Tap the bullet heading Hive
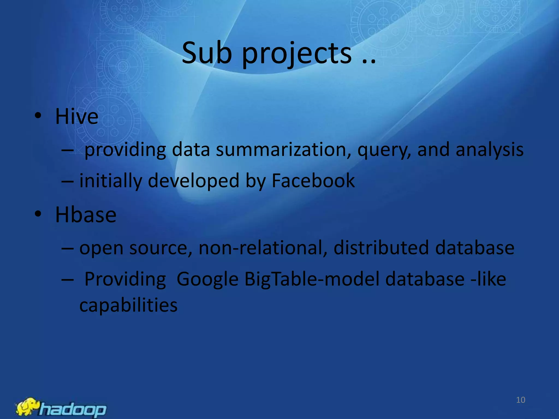coord(77,116)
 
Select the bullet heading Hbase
coord(86,215)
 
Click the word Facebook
coord(313,181)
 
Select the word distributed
coord(381,248)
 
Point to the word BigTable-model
coord(312,279)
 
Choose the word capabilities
coord(128,306)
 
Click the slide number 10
coord(521,400)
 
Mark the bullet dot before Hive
coord(38,116)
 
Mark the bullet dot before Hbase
coord(38,214)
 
